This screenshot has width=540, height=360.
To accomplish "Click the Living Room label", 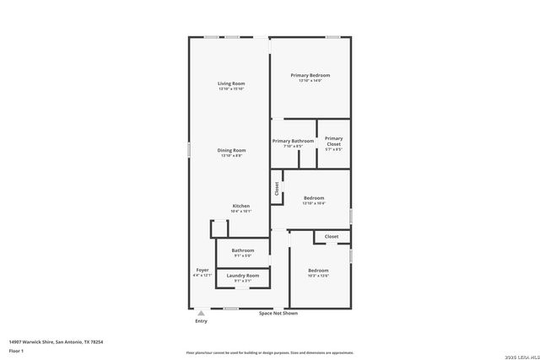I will (x=230, y=83).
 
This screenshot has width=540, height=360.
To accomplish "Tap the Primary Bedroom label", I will (x=310, y=75).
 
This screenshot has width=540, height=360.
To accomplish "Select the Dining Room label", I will (x=230, y=150).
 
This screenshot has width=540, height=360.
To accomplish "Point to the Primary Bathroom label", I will (x=292, y=141).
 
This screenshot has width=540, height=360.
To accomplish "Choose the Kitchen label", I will (x=241, y=206).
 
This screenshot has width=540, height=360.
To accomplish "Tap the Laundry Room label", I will (x=243, y=276).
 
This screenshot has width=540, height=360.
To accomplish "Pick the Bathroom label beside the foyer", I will (x=243, y=250).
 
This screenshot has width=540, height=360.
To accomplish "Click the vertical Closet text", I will (x=277, y=189).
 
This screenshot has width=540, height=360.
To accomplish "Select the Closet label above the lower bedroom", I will (x=332, y=237).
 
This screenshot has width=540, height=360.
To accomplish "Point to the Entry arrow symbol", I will (x=201, y=313).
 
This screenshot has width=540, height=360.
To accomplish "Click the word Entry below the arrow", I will (x=201, y=321).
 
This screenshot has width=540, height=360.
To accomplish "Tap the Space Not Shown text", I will (x=278, y=314).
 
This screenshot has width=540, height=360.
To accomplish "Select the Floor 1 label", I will (x=16, y=350).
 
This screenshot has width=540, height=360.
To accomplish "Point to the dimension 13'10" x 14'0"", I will (x=310, y=81).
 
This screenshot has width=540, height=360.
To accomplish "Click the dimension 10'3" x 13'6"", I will (x=318, y=276).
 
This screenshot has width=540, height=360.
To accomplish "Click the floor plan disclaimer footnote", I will (x=269, y=352).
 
